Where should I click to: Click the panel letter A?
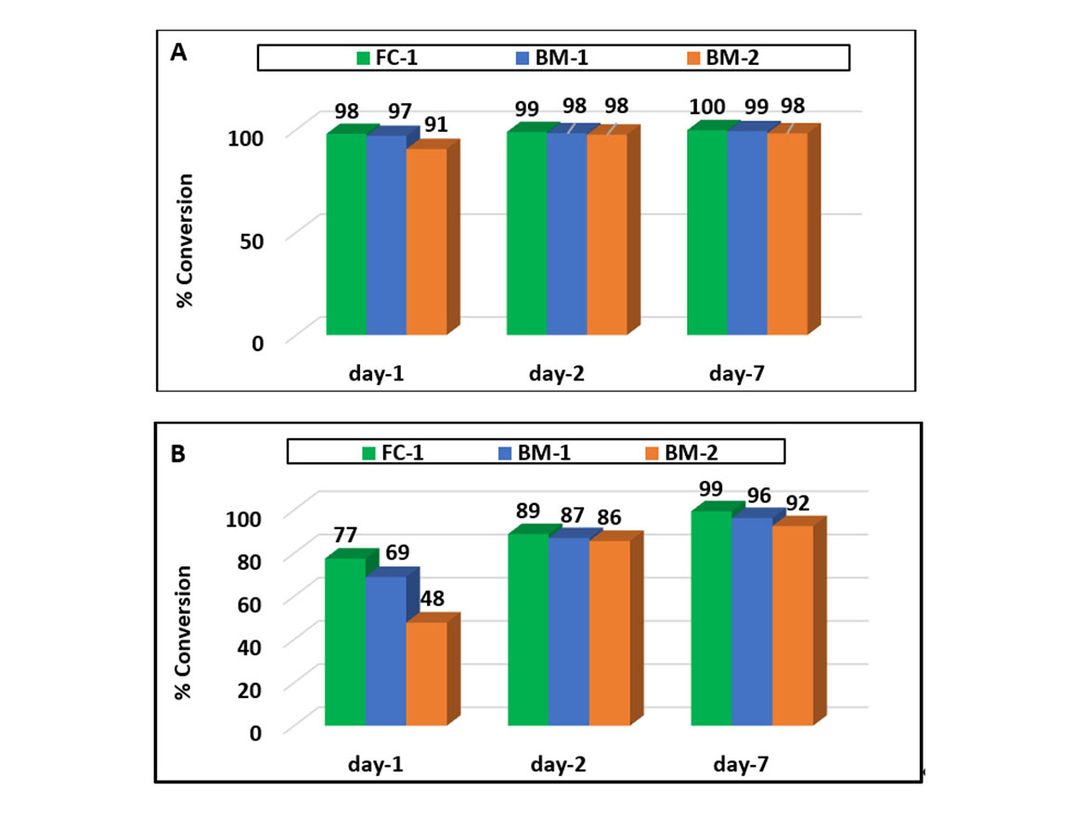pos(179,53)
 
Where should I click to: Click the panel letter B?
pos(179,455)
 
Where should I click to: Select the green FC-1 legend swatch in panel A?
pos(364,58)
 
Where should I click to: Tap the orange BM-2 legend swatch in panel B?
pos(650,453)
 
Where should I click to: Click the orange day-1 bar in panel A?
pos(426,240)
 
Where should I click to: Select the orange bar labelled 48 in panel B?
pos(426,673)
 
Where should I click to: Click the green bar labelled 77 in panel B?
pos(344,640)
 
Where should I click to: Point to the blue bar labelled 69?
pos(385,650)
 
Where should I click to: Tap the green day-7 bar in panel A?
pos(706,232)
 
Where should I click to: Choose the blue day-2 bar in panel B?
pos(568,631)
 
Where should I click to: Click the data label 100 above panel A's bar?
pos(707,109)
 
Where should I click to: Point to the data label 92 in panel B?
pos(796,504)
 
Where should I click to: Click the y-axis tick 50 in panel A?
pos(252,239)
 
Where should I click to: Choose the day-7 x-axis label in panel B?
pos(740,766)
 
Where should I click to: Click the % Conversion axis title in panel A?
pos(185,239)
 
